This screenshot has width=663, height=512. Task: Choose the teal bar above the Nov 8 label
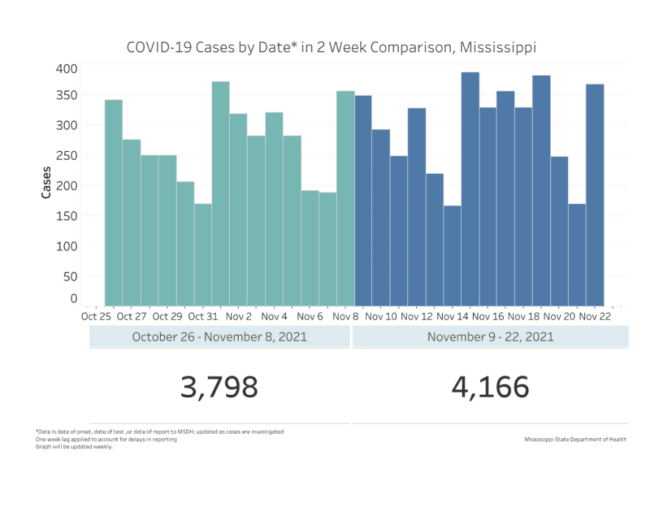[345, 198]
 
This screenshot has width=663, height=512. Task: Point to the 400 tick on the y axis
[67, 69]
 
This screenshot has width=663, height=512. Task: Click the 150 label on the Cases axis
[67, 216]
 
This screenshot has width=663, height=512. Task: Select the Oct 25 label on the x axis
[96, 317]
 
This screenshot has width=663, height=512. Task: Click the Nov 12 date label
[417, 317]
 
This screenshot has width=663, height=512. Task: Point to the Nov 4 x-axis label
[274, 317]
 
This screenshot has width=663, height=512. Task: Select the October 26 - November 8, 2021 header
[220, 337]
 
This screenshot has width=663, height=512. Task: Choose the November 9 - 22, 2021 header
[491, 337]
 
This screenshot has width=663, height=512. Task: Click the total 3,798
[220, 386]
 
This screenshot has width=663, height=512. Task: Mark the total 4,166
[491, 386]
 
